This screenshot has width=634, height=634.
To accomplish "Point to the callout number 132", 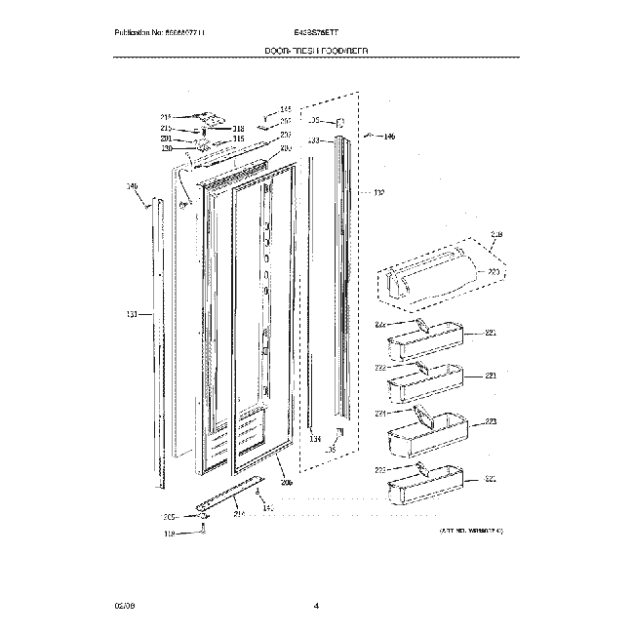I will pos(378,193).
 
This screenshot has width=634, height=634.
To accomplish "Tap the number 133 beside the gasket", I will pos(314,140).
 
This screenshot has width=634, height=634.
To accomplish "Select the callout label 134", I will pos(315,440).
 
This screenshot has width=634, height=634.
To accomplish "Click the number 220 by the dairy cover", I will pos(494,272).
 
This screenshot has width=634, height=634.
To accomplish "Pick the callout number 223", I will pos(491,422).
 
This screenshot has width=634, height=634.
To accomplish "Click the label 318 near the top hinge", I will pos(239,129).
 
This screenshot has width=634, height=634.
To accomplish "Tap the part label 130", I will pos(166,148).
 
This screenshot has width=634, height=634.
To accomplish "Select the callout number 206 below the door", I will pos(286,482).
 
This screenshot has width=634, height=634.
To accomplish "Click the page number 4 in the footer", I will pos(317,607).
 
